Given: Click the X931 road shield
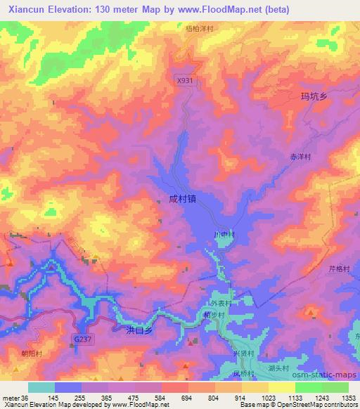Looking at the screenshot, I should tap(184, 81).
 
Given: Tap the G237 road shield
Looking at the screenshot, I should tap(82, 339).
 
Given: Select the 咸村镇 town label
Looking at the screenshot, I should tap(182, 199).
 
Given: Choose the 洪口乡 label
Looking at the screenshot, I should tap(139, 329).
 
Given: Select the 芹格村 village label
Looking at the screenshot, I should tap(340, 268).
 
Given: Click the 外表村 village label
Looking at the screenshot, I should tap(221, 303).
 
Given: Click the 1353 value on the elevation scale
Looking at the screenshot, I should tap(349, 398).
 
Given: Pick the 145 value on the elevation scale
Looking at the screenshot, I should tap(56, 398).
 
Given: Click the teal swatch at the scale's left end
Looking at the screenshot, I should tap(41, 387).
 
